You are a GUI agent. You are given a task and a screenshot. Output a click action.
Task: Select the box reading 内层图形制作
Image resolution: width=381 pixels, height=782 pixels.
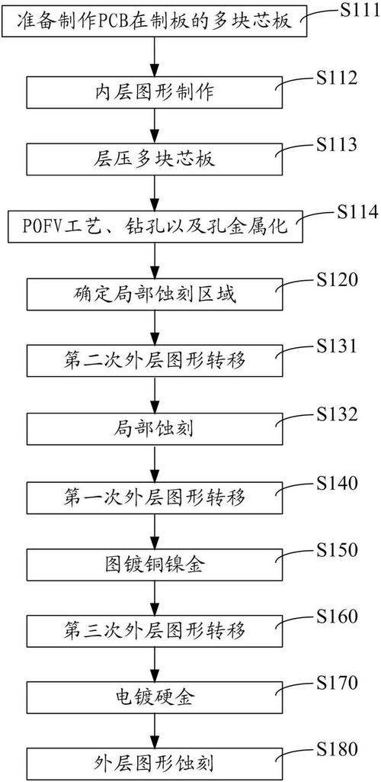[155, 93]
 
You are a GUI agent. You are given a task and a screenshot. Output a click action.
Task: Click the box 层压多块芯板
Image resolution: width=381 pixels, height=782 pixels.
[155, 160]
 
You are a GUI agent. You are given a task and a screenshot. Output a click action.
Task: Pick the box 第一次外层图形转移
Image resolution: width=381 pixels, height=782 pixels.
[155, 497]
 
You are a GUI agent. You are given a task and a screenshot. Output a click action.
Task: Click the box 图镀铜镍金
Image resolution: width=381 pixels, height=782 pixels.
[155, 564]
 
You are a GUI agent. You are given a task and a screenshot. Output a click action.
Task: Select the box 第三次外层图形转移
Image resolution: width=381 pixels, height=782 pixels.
[155, 631]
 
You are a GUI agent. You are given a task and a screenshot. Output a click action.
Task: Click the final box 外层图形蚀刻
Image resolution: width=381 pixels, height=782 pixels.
[155, 764]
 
